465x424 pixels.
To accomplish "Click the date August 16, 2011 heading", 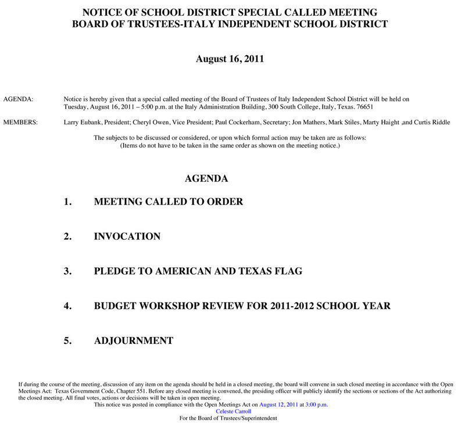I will (x=230, y=59).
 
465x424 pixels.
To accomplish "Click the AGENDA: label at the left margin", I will (x=18, y=99).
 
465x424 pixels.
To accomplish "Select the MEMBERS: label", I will (x=20, y=122).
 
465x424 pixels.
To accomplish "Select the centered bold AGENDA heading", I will (x=206, y=178).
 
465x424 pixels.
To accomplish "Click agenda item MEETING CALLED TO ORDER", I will (x=168, y=202).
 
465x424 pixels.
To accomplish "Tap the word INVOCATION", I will (x=127, y=236).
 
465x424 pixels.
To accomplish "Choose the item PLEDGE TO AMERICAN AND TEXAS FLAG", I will (x=198, y=271).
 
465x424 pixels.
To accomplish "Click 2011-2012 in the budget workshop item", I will (x=291, y=306).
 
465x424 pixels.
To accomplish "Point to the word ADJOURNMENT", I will (x=133, y=340).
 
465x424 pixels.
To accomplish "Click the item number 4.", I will (x=67, y=306).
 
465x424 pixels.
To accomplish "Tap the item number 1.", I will (x=67, y=202).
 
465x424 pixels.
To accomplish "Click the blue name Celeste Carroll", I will (x=233, y=411).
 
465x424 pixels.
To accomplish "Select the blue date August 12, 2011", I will (x=278, y=404).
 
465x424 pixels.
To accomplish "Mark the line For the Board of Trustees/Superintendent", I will (x=228, y=418).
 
